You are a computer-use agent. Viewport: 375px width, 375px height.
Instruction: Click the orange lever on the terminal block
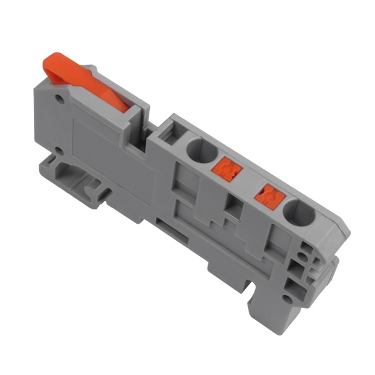(x=94, y=81)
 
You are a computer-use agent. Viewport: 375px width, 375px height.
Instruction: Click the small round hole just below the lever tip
(x=60, y=99)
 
